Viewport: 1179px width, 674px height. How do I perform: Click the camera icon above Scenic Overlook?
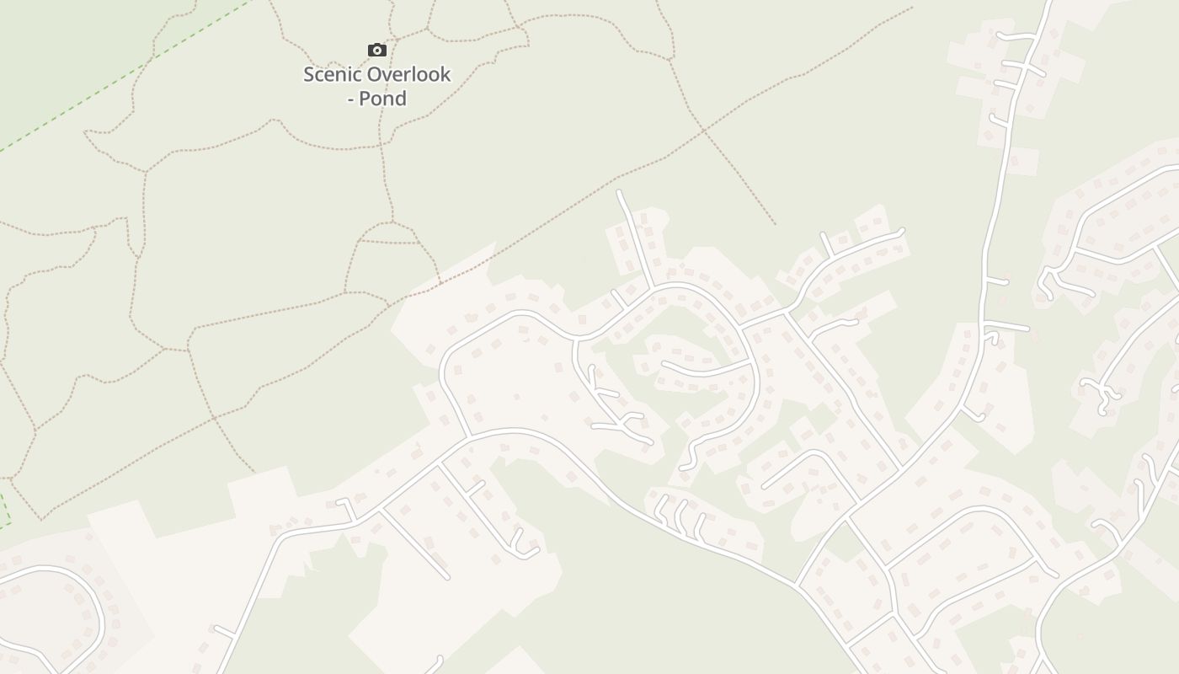click(x=376, y=51)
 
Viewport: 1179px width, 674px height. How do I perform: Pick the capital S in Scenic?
click(x=309, y=74)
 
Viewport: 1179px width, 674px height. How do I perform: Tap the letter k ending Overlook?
click(x=445, y=74)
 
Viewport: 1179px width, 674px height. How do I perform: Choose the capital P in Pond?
click(x=365, y=99)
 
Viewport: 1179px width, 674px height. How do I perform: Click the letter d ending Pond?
click(x=401, y=99)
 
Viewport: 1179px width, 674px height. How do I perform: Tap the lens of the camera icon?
click(x=376, y=51)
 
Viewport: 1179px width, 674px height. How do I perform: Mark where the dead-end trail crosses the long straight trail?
click(x=704, y=131)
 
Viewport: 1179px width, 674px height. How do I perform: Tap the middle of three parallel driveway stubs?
click(x=680, y=514)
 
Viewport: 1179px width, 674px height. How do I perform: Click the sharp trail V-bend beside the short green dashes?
click(x=40, y=518)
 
